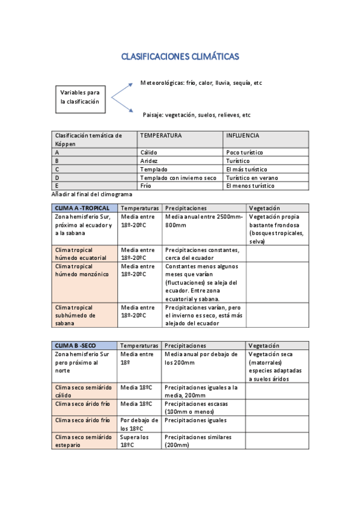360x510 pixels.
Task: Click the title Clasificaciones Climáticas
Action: click(180, 57)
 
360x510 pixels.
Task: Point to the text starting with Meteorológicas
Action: click(201, 83)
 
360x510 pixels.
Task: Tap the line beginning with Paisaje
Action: click(196, 115)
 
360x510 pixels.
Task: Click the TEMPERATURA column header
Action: click(160, 136)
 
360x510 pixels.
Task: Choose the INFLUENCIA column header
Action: click(242, 136)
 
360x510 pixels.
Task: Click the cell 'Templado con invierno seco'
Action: click(178, 178)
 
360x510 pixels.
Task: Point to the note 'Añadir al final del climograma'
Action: click(93, 194)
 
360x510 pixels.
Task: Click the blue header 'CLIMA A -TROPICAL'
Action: click(82, 208)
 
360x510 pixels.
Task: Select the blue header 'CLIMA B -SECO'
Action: click(75, 346)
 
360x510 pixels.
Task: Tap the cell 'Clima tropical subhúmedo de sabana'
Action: click(75, 315)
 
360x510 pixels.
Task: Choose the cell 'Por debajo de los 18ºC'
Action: click(139, 424)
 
